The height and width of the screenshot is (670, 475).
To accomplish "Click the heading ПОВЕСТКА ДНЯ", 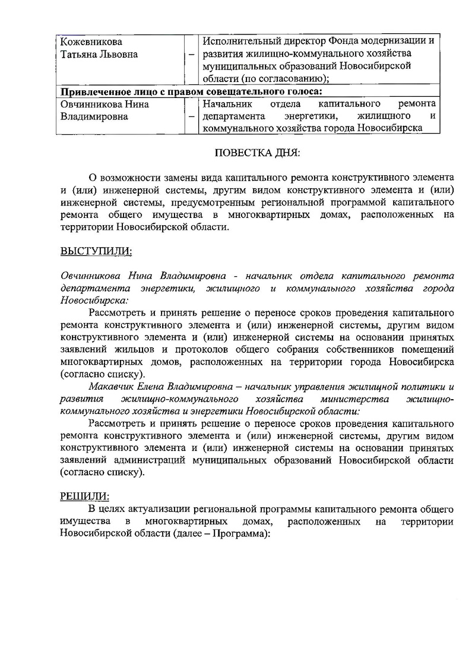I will click(257, 153).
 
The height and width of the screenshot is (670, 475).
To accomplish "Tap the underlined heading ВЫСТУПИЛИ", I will click(96, 251).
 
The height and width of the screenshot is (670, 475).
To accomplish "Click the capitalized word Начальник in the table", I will click(228, 104).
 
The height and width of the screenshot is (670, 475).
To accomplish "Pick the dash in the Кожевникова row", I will click(191, 55).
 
